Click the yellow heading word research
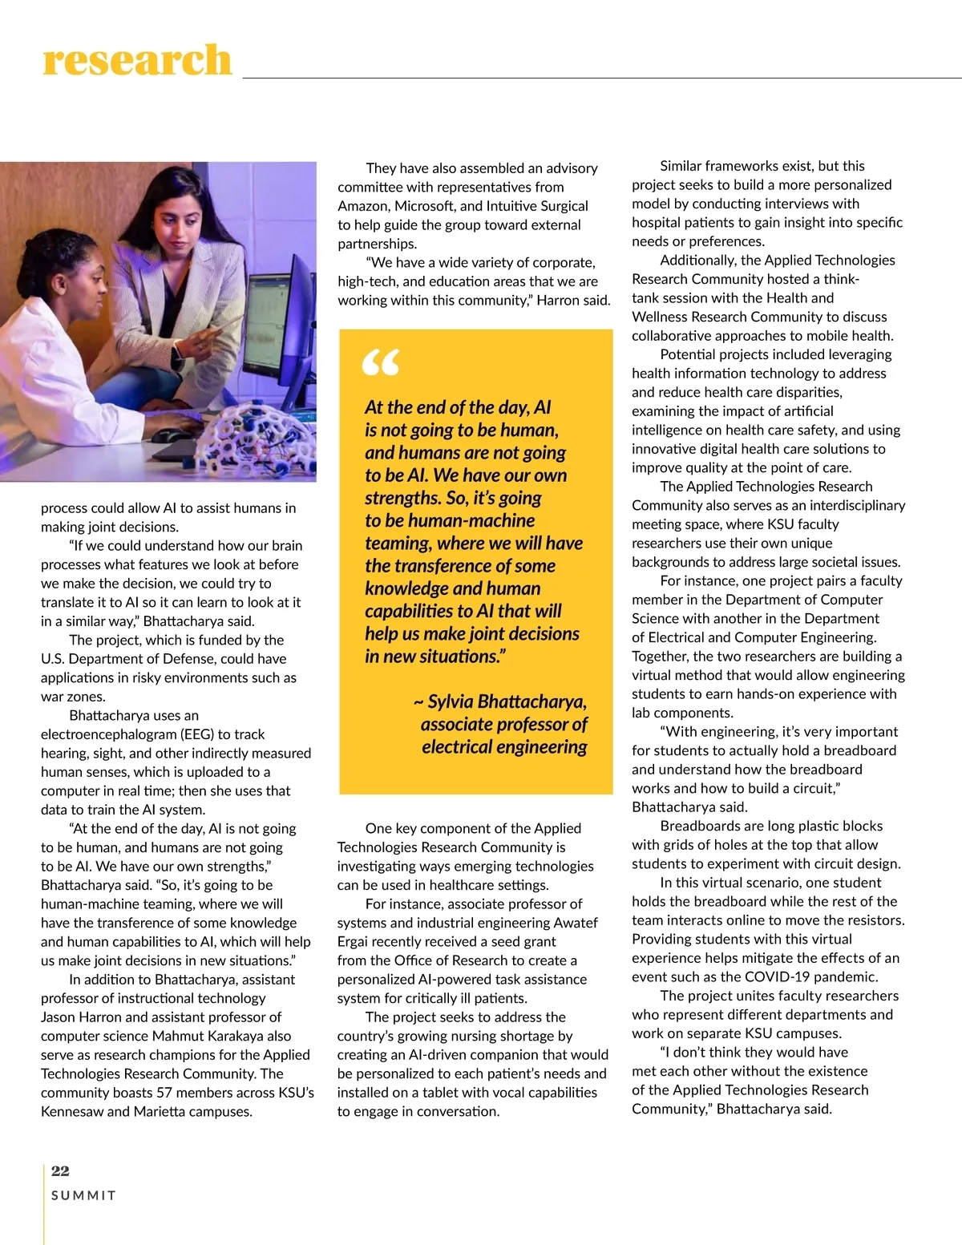point(137,61)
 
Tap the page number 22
point(60,1170)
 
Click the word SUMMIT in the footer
point(83,1195)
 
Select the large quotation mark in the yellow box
point(381,363)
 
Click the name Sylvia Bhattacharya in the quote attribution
point(507,701)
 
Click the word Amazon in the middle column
point(362,206)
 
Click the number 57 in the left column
point(166,1093)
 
